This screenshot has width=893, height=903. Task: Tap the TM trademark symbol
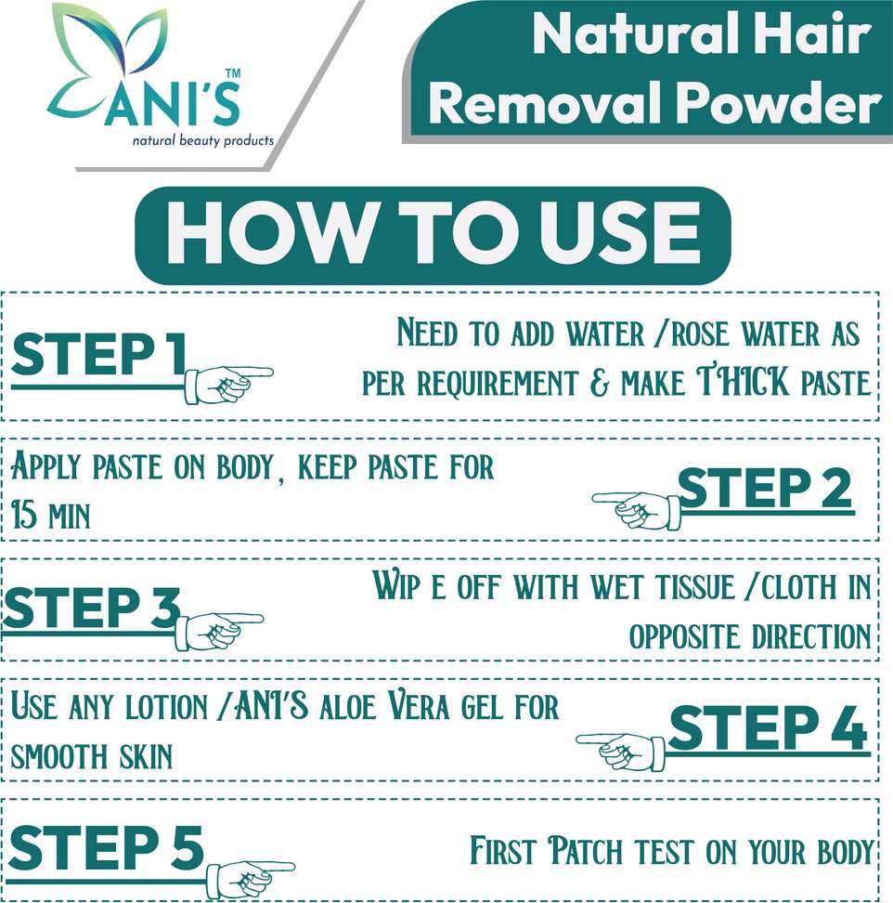click(232, 73)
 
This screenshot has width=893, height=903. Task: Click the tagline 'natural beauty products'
click(203, 141)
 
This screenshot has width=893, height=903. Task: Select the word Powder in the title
click(779, 102)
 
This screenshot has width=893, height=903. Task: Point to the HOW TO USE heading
click(433, 232)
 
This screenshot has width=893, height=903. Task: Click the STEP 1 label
click(99, 354)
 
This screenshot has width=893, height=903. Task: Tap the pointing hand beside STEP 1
click(228, 383)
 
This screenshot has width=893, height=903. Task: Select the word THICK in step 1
click(744, 381)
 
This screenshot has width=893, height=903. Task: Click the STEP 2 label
click(764, 489)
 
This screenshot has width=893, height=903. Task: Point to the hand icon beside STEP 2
click(637, 509)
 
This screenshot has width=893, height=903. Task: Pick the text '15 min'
click(51, 514)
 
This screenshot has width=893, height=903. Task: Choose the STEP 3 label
click(92, 608)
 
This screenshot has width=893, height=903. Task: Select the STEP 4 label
click(768, 727)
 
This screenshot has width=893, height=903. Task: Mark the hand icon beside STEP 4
click(621, 751)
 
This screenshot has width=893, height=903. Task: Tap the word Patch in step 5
click(585, 851)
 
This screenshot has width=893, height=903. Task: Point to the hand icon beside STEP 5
click(251, 880)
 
